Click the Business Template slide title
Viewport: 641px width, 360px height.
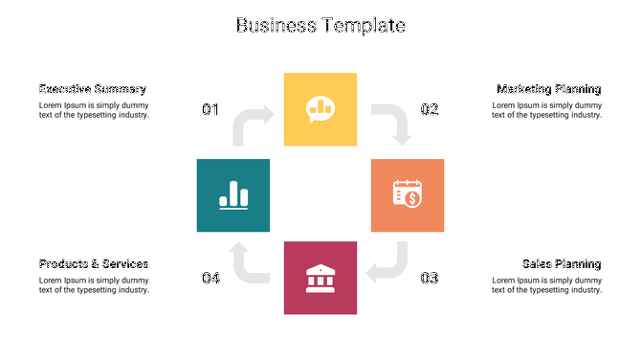pos(320,26)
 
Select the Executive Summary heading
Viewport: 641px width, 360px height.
pos(92,89)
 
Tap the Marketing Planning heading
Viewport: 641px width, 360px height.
pos(548,89)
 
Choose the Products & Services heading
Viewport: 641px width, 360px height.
pos(94,263)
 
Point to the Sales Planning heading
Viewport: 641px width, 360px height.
pos(562,263)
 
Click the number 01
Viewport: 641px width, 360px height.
pos(210,110)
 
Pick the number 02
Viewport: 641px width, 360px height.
pos(430,110)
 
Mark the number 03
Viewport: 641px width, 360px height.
pos(430,279)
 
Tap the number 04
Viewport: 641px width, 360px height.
pos(210,279)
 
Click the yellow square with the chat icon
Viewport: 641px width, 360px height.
pos(320,109)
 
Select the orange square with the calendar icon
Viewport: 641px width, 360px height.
pos(408,195)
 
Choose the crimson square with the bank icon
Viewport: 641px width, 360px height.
pos(320,278)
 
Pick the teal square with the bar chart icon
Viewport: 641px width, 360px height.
pos(233,195)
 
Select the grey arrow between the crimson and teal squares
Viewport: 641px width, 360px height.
pos(249,262)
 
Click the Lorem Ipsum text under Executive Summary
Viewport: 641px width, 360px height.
pos(94,110)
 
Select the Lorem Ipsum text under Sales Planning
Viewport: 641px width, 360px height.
pos(546,284)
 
